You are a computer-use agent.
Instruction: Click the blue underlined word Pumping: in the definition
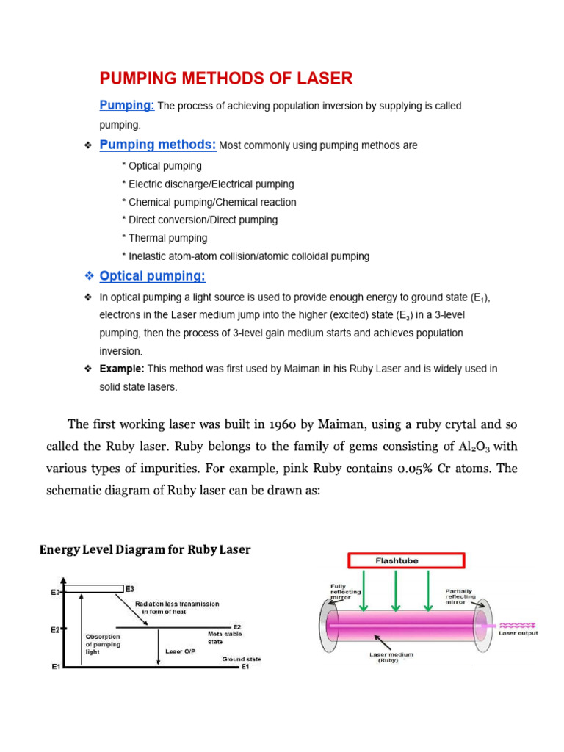click(x=127, y=106)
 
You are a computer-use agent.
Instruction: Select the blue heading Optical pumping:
click(x=153, y=276)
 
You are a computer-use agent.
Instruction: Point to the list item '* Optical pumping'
click(x=162, y=166)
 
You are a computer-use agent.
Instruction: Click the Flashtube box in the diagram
click(x=406, y=561)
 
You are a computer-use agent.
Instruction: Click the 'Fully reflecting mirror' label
click(x=343, y=591)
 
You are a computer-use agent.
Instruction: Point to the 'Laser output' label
click(x=518, y=633)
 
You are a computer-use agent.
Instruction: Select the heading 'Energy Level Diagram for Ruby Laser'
click(x=145, y=549)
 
